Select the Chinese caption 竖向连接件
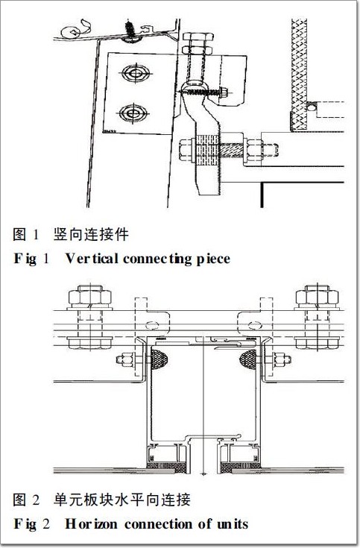tap(91, 234)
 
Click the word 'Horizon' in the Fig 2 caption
tap(91, 524)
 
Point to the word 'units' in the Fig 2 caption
tap(232, 524)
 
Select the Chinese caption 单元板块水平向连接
tap(122, 500)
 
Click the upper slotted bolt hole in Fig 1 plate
tap(136, 73)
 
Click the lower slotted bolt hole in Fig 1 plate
tap(133, 113)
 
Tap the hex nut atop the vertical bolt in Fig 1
tap(198, 38)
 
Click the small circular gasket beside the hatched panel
tap(310, 106)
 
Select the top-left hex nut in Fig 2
tap(90, 297)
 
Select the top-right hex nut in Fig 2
tap(317, 297)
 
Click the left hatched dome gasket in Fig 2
tap(159, 359)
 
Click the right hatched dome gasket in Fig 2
tap(248, 359)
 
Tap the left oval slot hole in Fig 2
tap(152, 326)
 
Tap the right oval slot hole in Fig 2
tap(255, 326)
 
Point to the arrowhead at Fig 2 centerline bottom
tap(203, 474)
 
